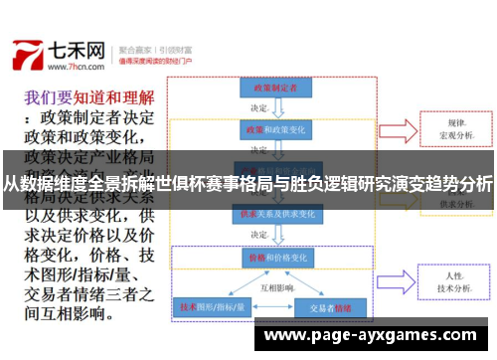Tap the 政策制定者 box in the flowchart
point(271,88)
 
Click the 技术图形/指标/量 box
point(210,307)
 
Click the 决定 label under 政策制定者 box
point(260,107)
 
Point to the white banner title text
point(248,183)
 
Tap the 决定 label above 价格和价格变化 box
point(260,235)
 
